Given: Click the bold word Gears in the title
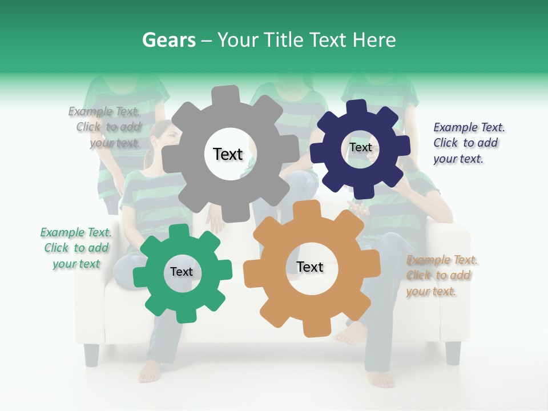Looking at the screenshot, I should [167, 40].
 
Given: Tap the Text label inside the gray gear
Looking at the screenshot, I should [228, 154].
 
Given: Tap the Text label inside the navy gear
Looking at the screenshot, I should [360, 147].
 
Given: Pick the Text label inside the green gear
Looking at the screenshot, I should [182, 272].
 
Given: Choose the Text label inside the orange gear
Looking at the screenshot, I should [310, 267].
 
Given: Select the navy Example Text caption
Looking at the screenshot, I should [468, 143].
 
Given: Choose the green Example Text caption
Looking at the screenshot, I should [76, 248].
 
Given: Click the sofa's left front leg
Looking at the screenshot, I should [91, 354].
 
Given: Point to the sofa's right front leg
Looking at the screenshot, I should [453, 352].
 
